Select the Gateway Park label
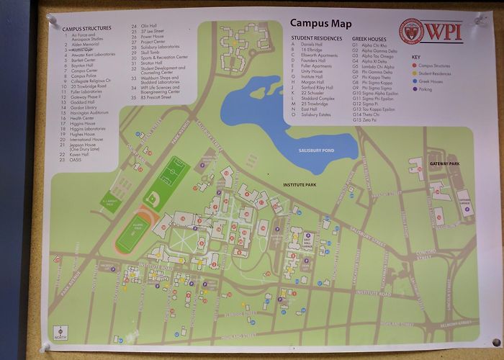click(444, 164)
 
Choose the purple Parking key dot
click(413, 89)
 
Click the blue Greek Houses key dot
click(413, 81)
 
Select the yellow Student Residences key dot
click(413, 72)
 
